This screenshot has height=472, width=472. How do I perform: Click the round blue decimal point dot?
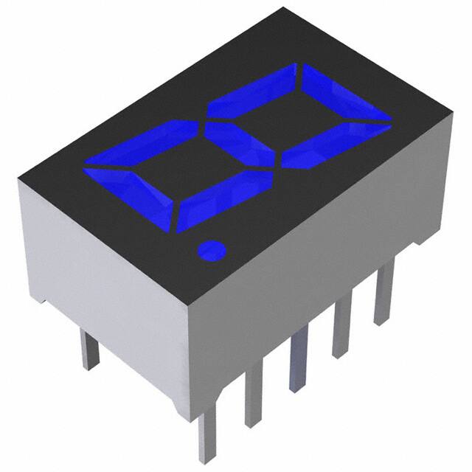coord(212,251)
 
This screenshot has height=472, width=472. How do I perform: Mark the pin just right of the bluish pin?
coord(342,328)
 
